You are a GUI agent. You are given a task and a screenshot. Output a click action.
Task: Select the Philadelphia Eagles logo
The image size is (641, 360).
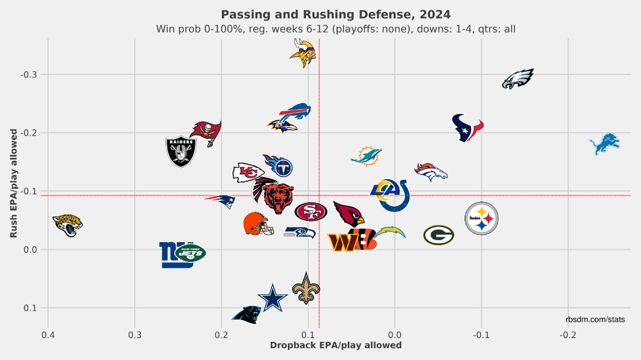518,79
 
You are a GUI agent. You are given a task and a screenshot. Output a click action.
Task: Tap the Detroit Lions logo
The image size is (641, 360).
605,143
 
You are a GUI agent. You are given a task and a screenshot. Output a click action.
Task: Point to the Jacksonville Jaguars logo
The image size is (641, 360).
67,224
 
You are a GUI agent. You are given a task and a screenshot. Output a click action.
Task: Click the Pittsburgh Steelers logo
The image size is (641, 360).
481,219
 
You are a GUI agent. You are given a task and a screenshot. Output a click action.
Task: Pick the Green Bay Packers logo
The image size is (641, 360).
438,235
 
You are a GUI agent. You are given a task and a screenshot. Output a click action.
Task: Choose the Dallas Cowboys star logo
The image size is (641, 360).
272,299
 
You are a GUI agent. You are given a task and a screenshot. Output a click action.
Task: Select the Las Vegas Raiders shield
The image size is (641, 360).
181,151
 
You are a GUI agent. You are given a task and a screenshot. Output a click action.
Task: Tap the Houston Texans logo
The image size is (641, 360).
467,127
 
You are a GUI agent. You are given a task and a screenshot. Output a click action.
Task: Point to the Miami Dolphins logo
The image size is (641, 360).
367,156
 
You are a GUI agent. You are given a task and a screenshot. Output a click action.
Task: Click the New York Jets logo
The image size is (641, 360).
190,253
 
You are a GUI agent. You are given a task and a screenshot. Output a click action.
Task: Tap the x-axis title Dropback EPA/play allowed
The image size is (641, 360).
336,345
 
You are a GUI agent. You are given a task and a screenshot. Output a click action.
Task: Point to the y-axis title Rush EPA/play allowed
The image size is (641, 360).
14,183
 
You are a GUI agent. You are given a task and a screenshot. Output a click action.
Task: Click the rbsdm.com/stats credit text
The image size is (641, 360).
595,319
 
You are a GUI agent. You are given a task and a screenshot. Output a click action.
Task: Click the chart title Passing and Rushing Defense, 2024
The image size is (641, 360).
336,14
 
